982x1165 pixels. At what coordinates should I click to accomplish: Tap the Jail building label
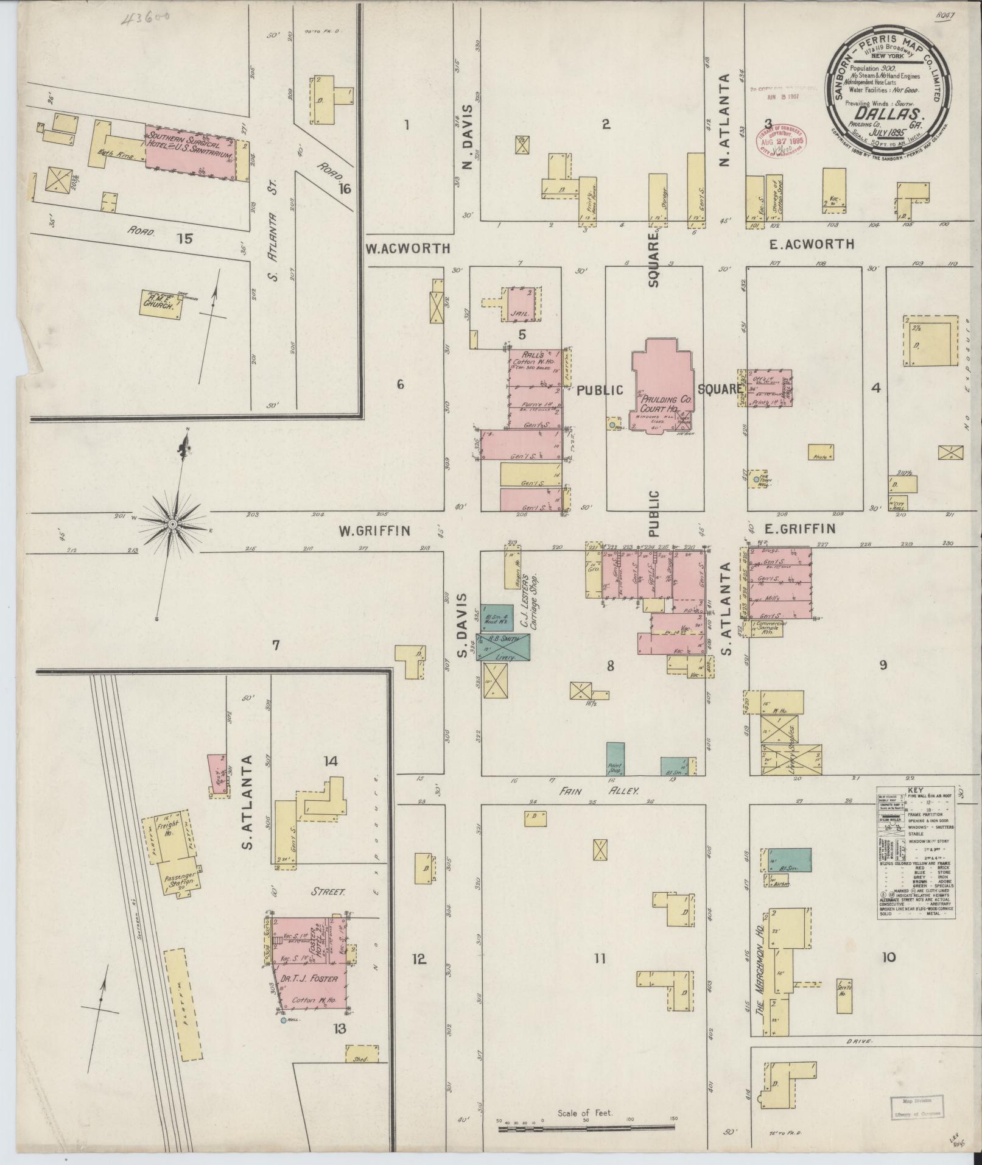pyautogui.click(x=519, y=312)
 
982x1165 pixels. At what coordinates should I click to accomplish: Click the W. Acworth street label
pyautogui.click(x=408, y=248)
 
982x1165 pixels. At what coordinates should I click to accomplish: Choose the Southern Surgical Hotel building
pyautogui.click(x=191, y=152)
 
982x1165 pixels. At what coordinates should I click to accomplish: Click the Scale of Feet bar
pyautogui.click(x=587, y=1128)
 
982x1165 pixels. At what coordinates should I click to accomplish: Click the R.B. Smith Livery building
pyautogui.click(x=507, y=648)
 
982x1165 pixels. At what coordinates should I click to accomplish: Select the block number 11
pyautogui.click(x=600, y=959)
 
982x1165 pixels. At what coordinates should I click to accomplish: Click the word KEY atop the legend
pyautogui.click(x=915, y=789)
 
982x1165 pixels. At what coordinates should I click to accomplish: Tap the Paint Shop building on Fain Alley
pyautogui.click(x=616, y=759)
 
